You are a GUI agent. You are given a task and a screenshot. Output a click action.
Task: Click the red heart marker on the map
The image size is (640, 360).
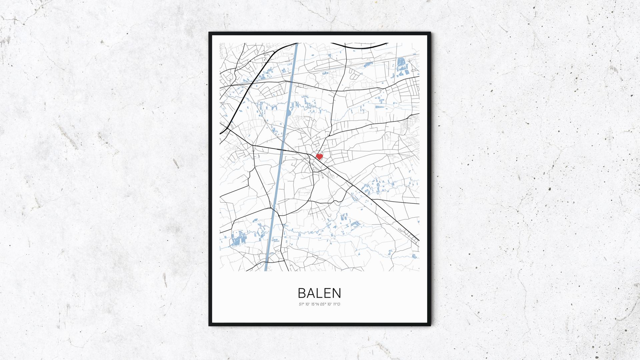pyautogui.click(x=319, y=156)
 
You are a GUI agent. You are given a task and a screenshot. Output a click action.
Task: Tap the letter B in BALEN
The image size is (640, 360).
pyautogui.click(x=302, y=293)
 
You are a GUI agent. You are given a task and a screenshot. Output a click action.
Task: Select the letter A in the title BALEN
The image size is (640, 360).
pyautogui.click(x=311, y=293)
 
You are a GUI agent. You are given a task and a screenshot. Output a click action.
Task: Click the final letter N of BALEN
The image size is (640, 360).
pyautogui.click(x=337, y=293)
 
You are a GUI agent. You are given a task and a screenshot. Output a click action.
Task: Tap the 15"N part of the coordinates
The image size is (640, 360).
pyautogui.click(x=315, y=304)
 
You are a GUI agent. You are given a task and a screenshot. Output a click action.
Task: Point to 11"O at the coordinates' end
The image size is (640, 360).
pyautogui.click(x=337, y=304)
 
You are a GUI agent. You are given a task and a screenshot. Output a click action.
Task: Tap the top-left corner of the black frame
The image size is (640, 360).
pyautogui.click(x=210, y=34)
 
